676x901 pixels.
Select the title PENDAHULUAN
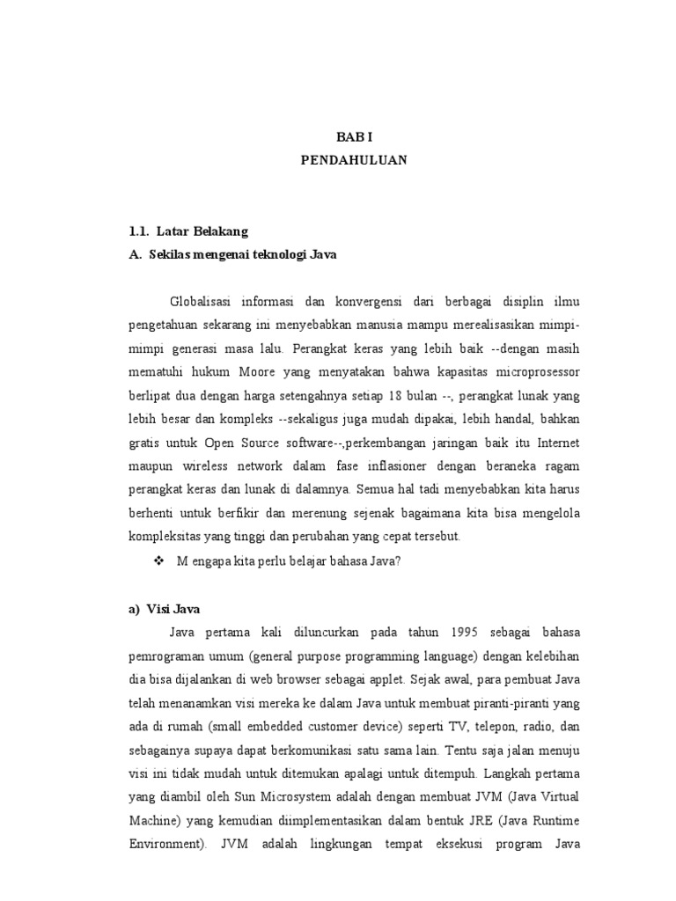(x=354, y=161)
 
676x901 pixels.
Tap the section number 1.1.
(x=138, y=231)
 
